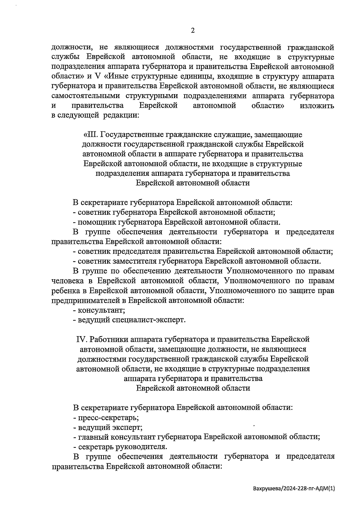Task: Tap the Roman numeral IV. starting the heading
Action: pyautogui.click(x=81, y=339)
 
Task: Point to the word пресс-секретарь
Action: pyautogui.click(x=108, y=417)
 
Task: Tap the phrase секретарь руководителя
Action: pyautogui.click(x=122, y=447)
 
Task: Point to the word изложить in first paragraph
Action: pyautogui.click(x=316, y=106)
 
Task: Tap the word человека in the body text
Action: pyautogui.click(x=67, y=281)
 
